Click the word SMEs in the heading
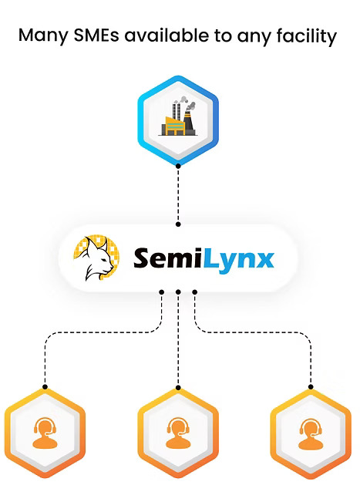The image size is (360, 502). pyautogui.click(x=96, y=35)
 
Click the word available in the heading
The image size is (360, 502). pyautogui.click(x=167, y=35)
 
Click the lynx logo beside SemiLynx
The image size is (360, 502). pyautogui.click(x=96, y=258)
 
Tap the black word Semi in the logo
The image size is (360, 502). pyautogui.click(x=168, y=258)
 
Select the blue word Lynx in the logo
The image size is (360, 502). pyautogui.click(x=238, y=260)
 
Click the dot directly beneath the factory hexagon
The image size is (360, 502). pyautogui.click(x=178, y=166)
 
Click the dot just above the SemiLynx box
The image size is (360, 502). pyautogui.click(x=178, y=224)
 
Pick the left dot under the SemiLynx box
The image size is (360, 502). pyautogui.click(x=162, y=292)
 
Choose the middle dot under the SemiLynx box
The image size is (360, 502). pyautogui.click(x=178, y=292)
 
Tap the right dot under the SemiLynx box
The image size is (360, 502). pyautogui.click(x=195, y=292)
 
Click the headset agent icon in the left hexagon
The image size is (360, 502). pyautogui.click(x=45, y=433)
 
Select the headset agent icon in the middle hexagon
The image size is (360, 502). pyautogui.click(x=178, y=433)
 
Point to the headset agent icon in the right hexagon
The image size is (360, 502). pyautogui.click(x=311, y=433)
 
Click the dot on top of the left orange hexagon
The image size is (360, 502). pyautogui.click(x=45, y=387)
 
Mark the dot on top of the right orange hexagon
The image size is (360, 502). pyautogui.click(x=311, y=387)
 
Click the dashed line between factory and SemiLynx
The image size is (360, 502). pyautogui.click(x=178, y=194)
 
